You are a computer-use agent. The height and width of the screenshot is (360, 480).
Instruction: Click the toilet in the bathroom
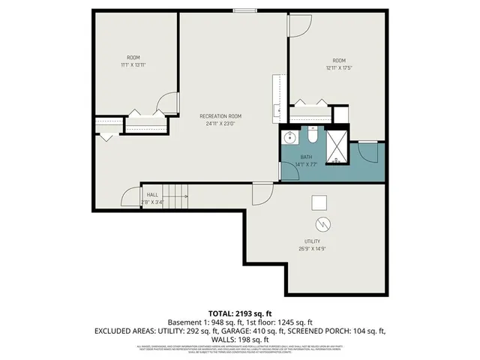(312, 136)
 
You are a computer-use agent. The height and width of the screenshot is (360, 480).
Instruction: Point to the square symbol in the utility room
(320, 201)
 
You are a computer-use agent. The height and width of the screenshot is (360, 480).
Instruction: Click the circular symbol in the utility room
(322, 223)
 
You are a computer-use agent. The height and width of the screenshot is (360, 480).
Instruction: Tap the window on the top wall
(244, 10)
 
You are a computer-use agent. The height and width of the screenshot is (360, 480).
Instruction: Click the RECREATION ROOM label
(220, 115)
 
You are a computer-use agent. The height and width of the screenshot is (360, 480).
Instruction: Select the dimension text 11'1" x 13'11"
(133, 66)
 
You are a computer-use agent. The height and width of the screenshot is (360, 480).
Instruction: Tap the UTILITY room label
(314, 241)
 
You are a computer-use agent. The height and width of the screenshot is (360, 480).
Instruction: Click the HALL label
(152, 194)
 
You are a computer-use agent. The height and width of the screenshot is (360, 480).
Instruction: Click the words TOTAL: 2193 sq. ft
(239, 313)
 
